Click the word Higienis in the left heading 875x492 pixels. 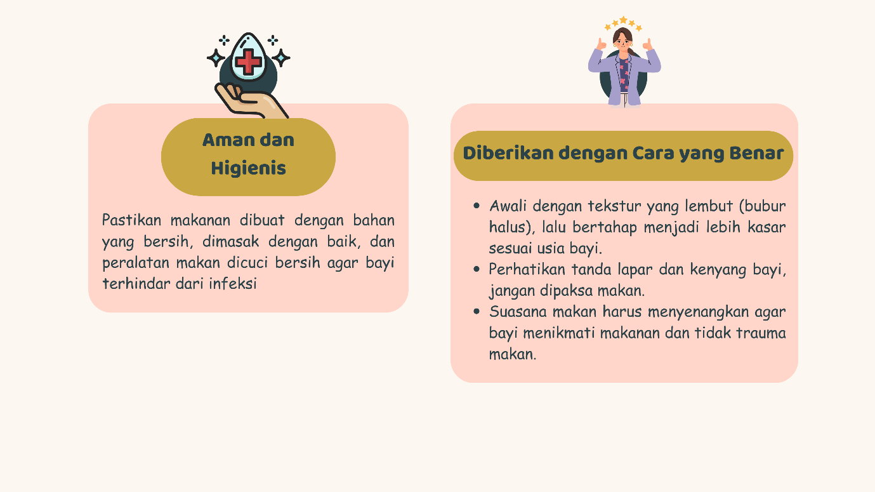248,169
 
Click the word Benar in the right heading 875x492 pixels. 758,154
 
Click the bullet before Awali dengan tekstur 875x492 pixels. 477,206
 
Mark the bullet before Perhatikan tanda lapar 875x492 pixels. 477,269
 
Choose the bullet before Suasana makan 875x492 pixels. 477,312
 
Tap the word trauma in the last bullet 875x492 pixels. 763,333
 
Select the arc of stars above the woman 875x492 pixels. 623,23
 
